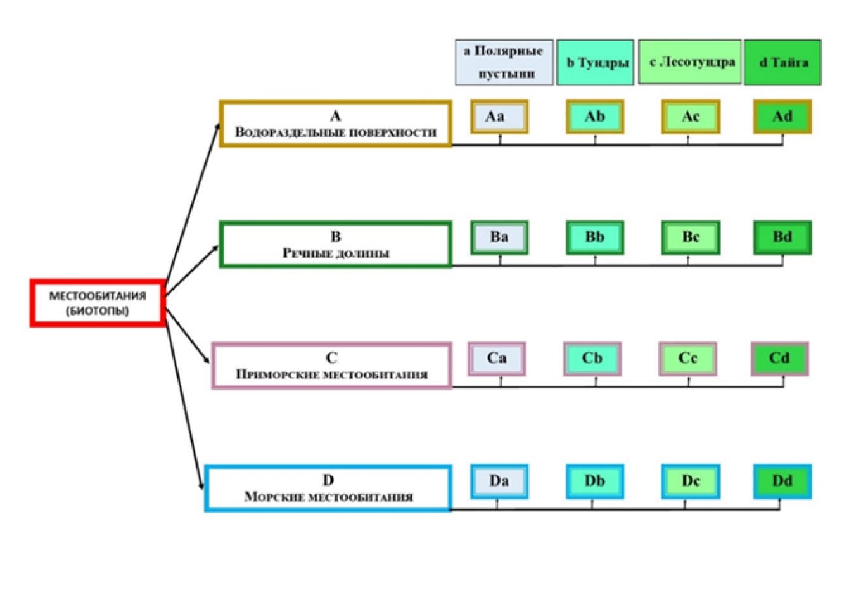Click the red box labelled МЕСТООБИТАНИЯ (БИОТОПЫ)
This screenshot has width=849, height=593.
[x=98, y=303]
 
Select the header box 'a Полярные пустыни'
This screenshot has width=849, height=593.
[x=504, y=61]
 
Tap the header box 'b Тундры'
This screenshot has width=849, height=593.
[x=595, y=62]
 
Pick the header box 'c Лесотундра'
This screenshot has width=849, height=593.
[x=690, y=61]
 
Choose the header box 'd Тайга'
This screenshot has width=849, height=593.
[x=782, y=62]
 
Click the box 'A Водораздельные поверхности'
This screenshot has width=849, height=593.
[x=336, y=124]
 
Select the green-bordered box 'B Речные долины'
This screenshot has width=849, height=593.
[x=336, y=245]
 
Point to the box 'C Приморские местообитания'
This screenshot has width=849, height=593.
[x=332, y=366]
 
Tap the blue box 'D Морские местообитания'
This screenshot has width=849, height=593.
[x=328, y=488]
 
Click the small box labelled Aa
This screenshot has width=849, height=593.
[x=499, y=117]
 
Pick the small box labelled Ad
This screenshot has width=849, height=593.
[x=782, y=117]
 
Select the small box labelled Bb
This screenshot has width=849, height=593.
[x=595, y=238]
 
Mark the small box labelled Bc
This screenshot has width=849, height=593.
[x=691, y=238]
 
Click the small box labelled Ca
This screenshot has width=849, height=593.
[x=497, y=359]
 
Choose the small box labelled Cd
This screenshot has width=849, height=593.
[x=780, y=359]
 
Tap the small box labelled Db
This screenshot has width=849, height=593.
[x=595, y=481]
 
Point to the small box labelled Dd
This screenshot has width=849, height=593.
[x=782, y=481]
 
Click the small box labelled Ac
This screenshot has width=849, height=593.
[x=691, y=117]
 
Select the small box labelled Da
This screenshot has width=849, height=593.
[x=499, y=481]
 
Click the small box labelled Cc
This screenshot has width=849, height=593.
[x=688, y=359]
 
